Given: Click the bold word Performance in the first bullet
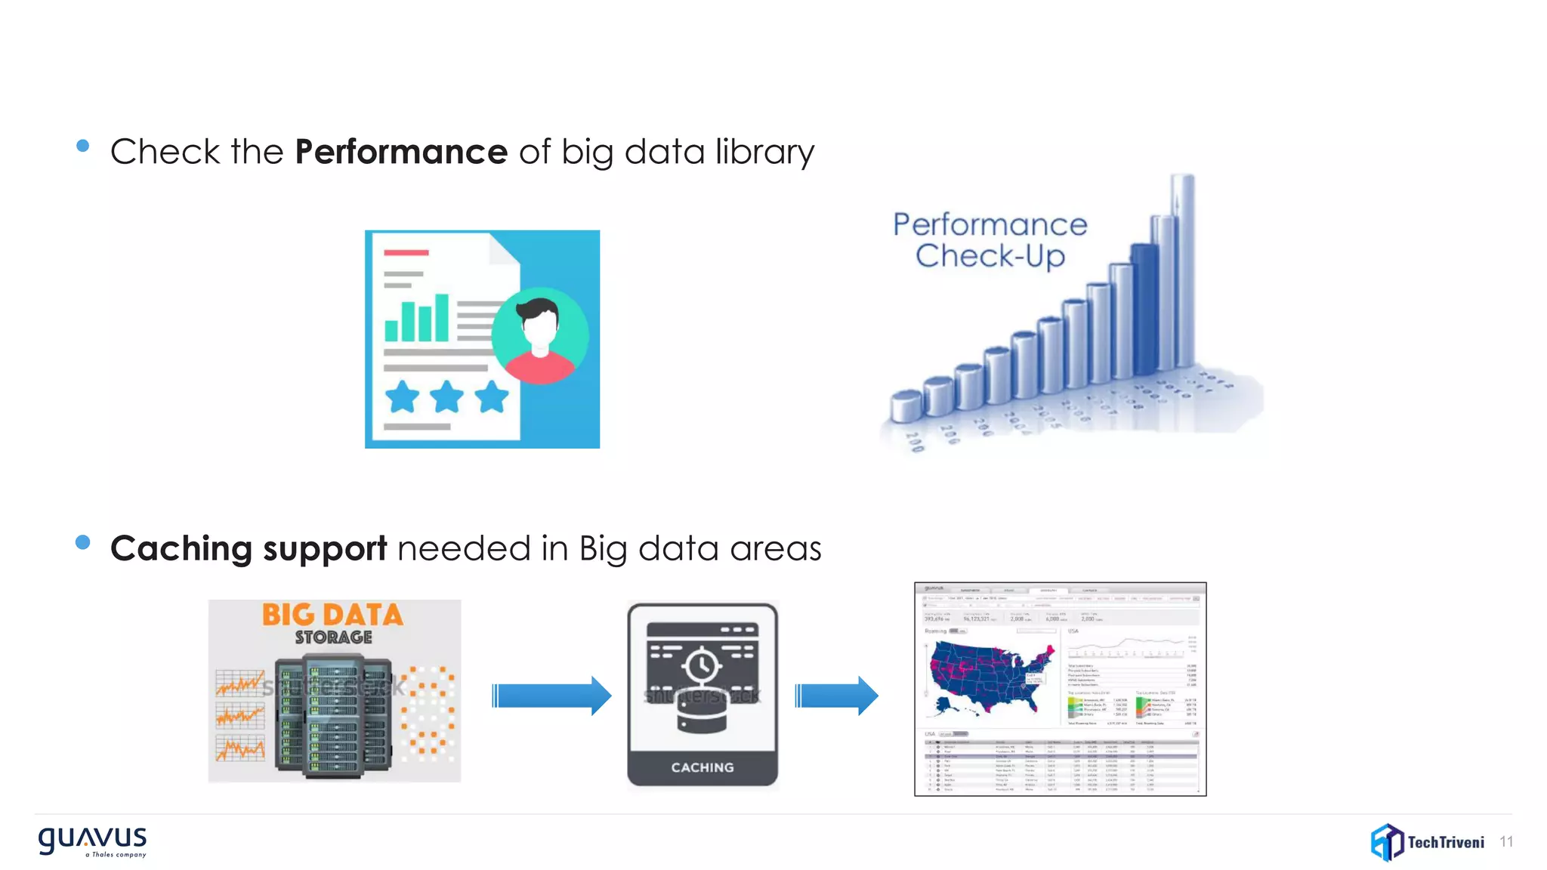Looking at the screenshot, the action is click(x=400, y=152).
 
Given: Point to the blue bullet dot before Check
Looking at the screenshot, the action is click(x=83, y=146).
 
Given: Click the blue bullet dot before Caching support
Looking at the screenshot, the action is click(x=83, y=542).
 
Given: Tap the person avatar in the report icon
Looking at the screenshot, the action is click(x=539, y=335).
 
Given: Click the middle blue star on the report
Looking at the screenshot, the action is click(x=446, y=396).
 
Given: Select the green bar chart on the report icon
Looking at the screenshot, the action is click(x=416, y=319).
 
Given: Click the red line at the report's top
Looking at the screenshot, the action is click(x=406, y=252).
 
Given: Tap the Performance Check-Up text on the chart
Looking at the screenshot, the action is click(x=990, y=240).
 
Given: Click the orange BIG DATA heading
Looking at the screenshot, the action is click(x=332, y=615).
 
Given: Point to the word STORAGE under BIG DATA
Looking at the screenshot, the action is click(x=333, y=637).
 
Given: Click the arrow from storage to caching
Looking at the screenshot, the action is click(x=551, y=696).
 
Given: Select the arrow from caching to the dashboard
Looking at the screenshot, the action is click(x=836, y=696).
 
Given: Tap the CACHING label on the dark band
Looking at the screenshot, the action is click(x=702, y=767).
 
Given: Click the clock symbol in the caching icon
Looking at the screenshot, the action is click(x=702, y=665).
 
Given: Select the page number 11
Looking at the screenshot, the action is click(x=1506, y=842).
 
